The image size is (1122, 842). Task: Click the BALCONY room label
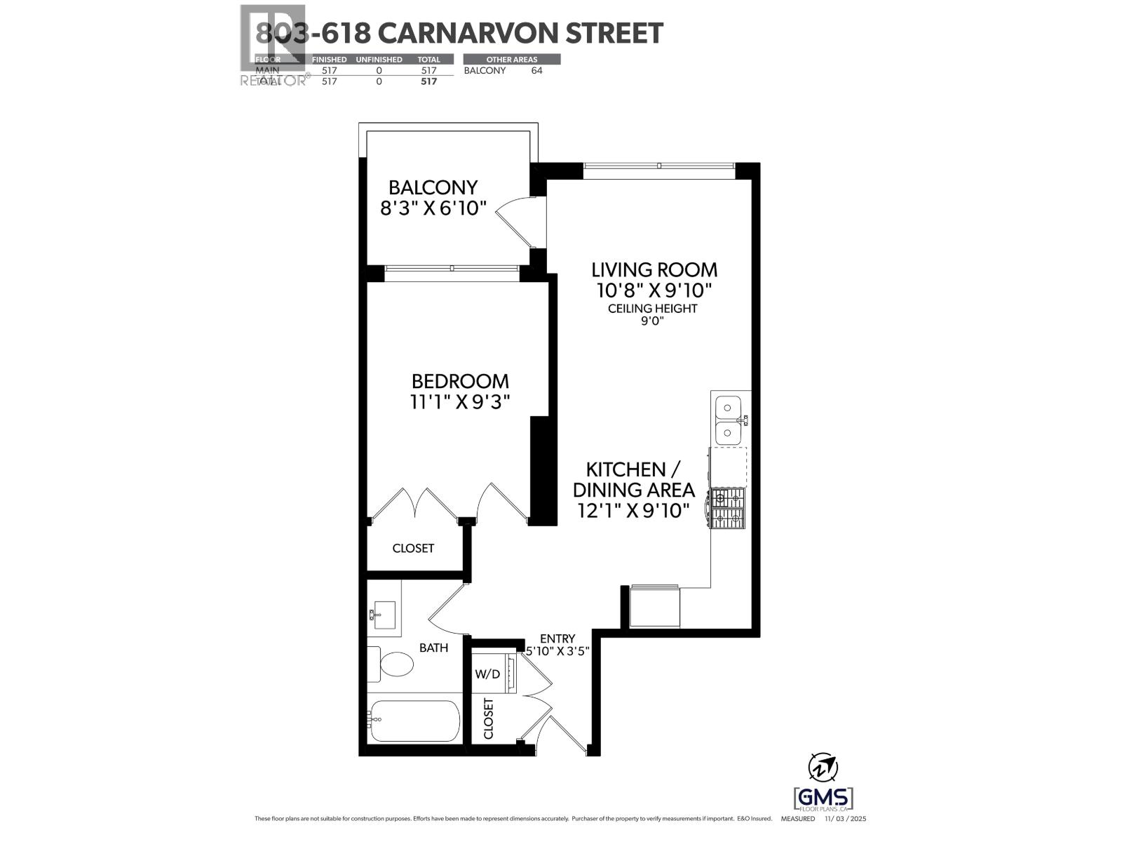pyautogui.click(x=433, y=187)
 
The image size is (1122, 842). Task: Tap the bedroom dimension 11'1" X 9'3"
pyautogui.click(x=459, y=402)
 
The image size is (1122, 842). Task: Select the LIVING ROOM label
pyautogui.click(x=654, y=269)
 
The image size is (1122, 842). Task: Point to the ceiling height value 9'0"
pyautogui.click(x=652, y=321)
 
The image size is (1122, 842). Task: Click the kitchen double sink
pyautogui.click(x=729, y=419)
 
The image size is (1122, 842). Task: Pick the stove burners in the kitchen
pyautogui.click(x=727, y=509)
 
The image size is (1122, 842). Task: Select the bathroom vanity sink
pyautogui.click(x=383, y=615)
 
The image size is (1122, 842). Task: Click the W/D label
pyautogui.click(x=487, y=674)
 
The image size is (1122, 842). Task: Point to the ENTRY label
pyautogui.click(x=557, y=639)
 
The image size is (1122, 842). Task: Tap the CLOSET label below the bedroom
pyautogui.click(x=413, y=548)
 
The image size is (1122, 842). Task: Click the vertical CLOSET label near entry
pyautogui.click(x=489, y=719)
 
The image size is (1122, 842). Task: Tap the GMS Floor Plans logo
pyautogui.click(x=823, y=798)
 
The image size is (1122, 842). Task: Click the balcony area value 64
pyautogui.click(x=536, y=70)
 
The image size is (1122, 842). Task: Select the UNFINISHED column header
pyautogui.click(x=379, y=60)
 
